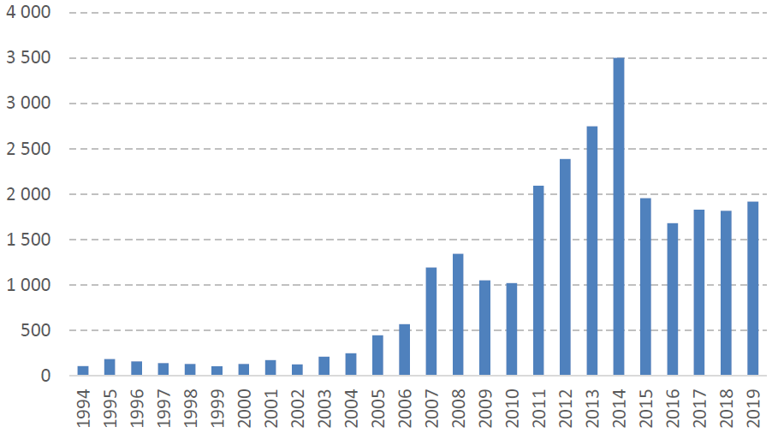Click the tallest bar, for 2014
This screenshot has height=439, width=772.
pos(619,217)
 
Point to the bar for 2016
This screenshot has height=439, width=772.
pos(672,300)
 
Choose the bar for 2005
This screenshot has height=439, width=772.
pos(377,355)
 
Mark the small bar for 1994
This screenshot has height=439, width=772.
pos(83,371)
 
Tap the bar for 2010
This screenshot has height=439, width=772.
pos(512,329)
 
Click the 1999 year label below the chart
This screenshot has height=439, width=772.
pos(217,410)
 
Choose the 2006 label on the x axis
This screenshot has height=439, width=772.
pos(405,410)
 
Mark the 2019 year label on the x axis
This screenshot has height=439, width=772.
pos(753,410)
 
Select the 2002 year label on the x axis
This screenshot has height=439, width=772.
pos(298,410)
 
